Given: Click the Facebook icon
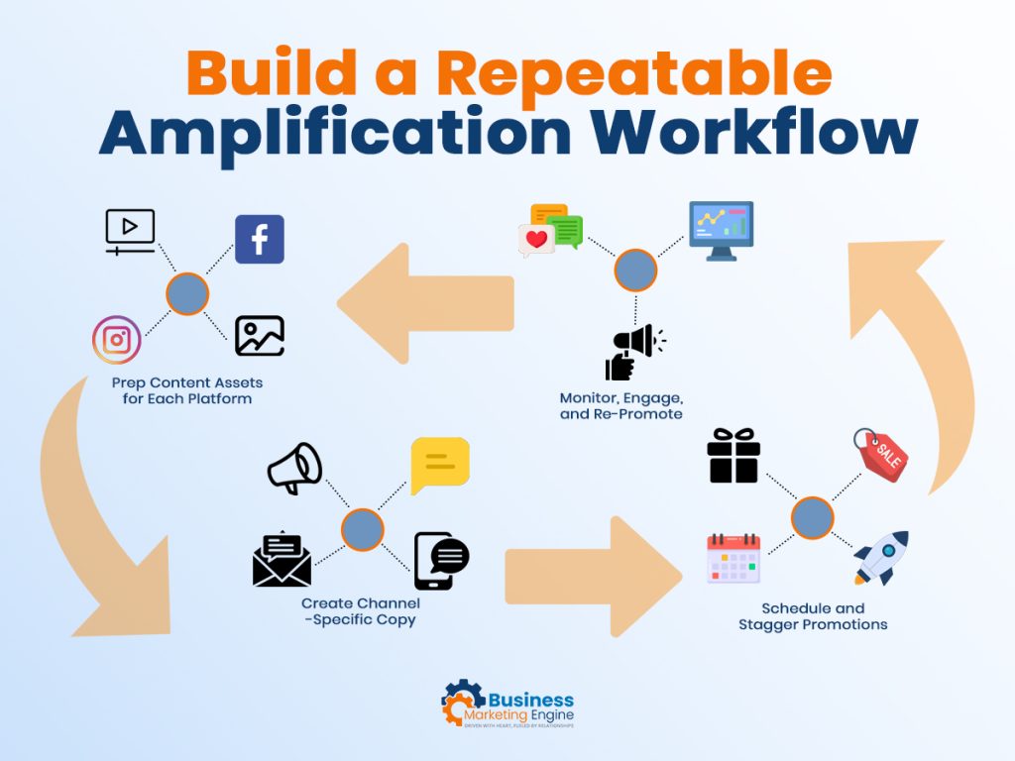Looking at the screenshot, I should click(260, 239).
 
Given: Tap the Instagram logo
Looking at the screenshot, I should click(117, 340).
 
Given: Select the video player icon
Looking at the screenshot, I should click(131, 231).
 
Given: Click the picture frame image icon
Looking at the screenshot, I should click(260, 336).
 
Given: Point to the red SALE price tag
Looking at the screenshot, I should click(881, 455).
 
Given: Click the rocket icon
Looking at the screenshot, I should click(881, 558).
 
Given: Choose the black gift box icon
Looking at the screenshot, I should click(733, 456).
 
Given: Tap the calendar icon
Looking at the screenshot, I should click(733, 558).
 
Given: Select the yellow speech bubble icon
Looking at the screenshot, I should click(440, 465).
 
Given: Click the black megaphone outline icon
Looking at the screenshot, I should click(294, 468).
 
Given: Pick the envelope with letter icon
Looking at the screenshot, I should click(282, 560).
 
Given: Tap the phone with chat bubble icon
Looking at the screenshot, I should click(440, 560).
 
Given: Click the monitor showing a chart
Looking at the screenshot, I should click(722, 231).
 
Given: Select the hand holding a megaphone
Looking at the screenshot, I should click(632, 352).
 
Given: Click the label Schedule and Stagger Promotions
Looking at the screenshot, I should click(813, 616).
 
